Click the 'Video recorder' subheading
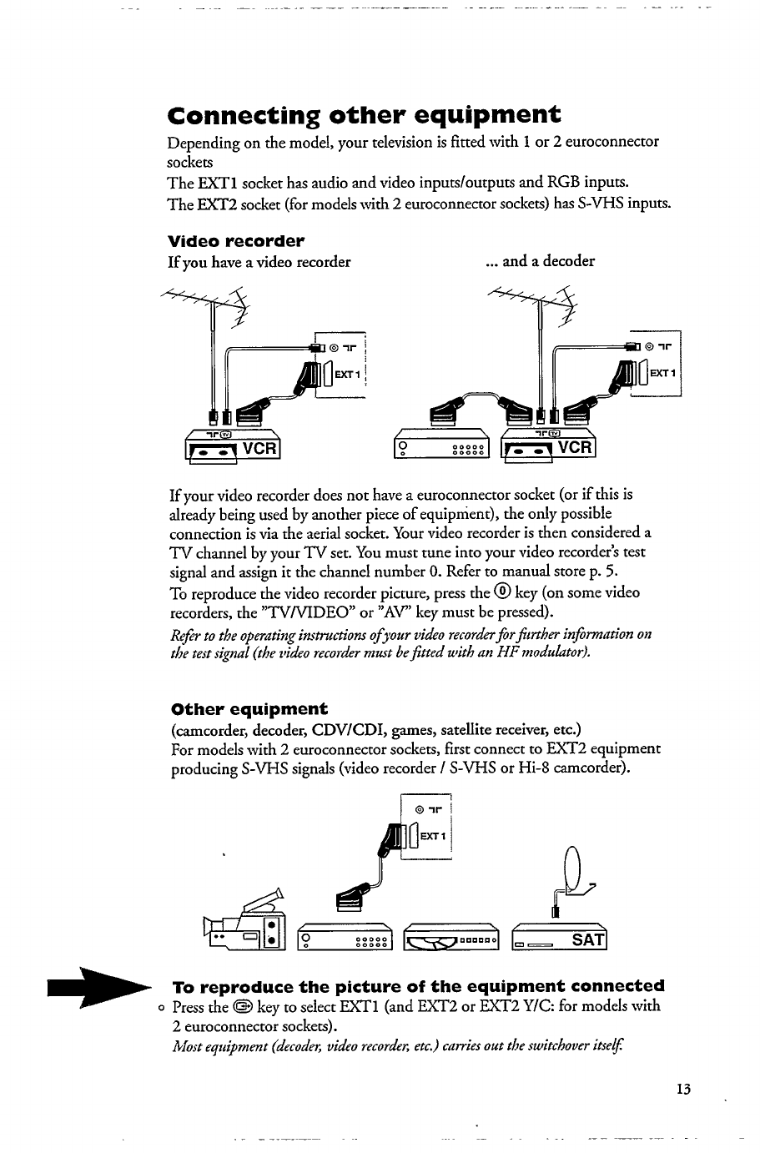[x=236, y=242]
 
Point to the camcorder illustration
[x=245, y=926]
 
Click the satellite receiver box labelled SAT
[x=560, y=939]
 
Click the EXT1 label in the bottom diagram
[x=434, y=835]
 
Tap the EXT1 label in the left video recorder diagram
[x=346, y=375]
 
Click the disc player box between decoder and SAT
[x=451, y=939]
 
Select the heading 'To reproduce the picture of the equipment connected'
[x=418, y=985]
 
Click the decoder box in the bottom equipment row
[x=345, y=939]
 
